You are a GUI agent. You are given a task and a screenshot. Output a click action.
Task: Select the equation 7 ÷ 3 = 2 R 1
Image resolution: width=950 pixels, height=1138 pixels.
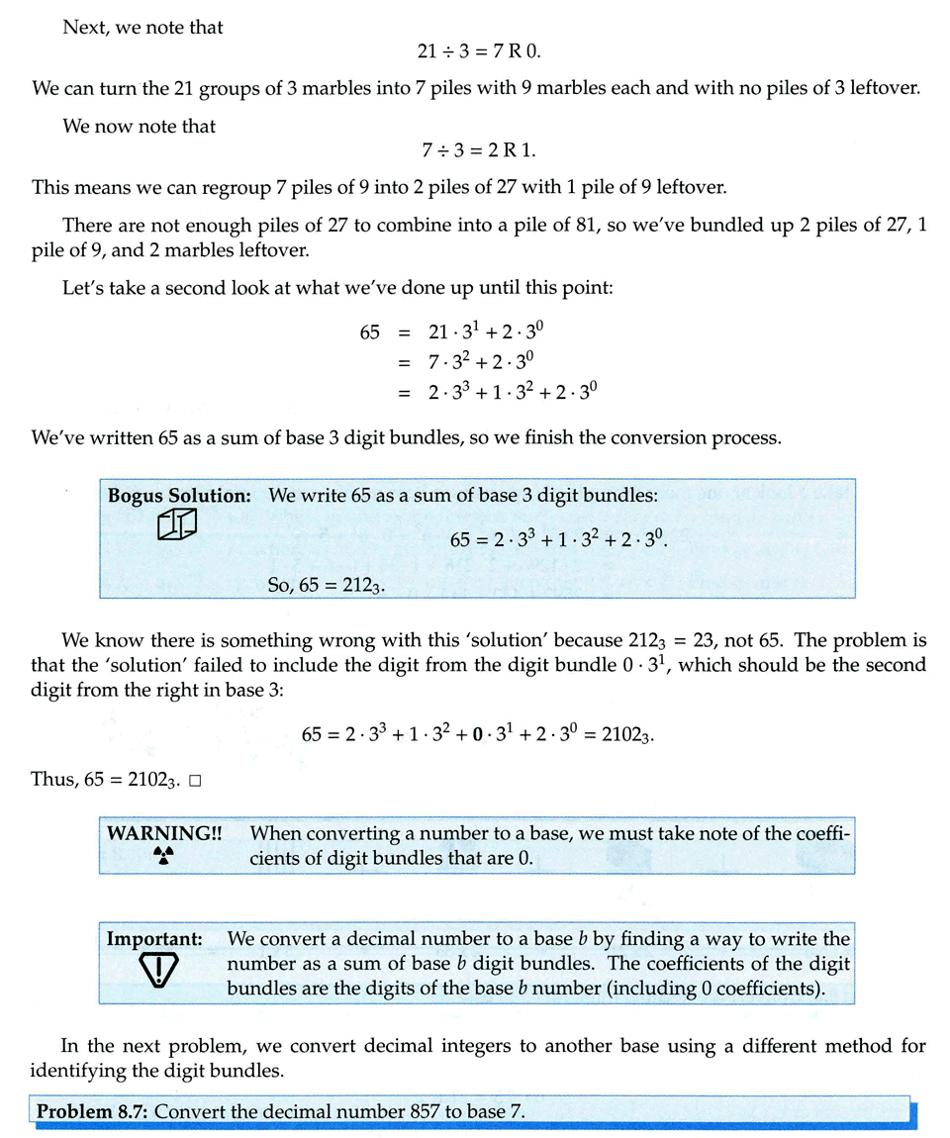point(479,150)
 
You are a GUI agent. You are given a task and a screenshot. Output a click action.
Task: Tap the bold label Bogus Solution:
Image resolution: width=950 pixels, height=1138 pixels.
point(179,496)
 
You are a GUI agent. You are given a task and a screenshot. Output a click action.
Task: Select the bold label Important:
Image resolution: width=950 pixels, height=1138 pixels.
point(154,938)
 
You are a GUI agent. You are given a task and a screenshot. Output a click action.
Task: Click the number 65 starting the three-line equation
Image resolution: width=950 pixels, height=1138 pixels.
point(370,332)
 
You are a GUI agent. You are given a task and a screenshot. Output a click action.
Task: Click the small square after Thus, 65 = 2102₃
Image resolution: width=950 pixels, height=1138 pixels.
point(195,782)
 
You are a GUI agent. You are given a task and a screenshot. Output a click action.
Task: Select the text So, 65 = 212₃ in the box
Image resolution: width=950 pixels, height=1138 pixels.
point(327,585)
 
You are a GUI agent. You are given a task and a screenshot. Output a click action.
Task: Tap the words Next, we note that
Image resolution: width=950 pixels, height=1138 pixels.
point(142,28)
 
